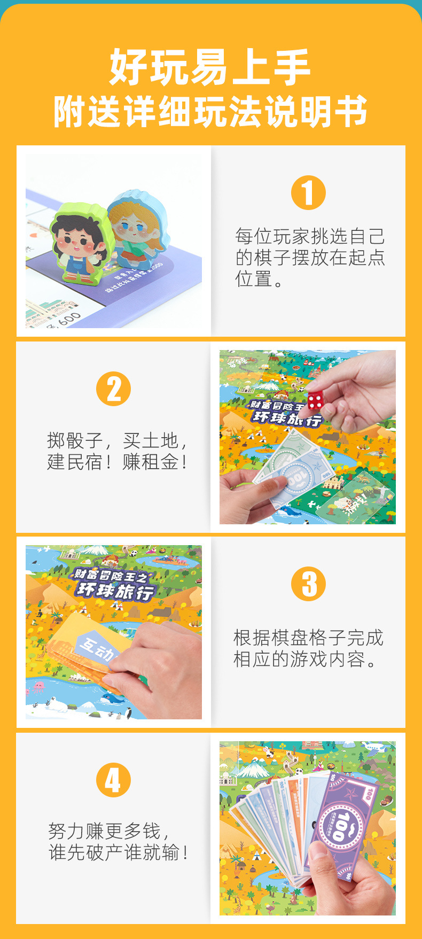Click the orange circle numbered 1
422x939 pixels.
pos(308,193)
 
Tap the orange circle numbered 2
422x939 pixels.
pos(113,389)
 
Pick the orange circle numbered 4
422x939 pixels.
pos(113,780)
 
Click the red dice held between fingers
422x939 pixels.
pos(315,399)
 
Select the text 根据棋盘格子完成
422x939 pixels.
pos(308,638)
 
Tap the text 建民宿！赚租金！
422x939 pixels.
pos(118,462)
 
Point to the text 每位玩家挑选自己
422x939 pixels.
pos(310,236)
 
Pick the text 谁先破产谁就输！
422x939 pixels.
pos(119,852)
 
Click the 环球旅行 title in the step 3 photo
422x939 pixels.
pos(115,591)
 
